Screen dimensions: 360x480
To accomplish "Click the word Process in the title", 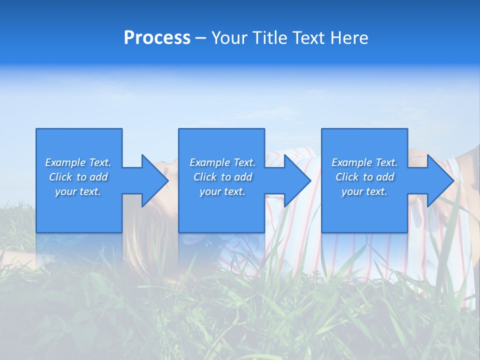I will [157, 38].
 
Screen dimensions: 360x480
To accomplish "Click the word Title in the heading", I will [269, 38].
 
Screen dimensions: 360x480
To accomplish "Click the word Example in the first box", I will [65, 162].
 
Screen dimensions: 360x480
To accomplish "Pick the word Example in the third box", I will [352, 162].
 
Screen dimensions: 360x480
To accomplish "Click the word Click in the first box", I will [60, 177].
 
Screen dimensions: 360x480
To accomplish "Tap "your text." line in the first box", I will [78, 191].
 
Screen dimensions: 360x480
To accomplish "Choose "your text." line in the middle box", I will [222, 191].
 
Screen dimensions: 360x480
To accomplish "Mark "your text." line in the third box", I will [364, 191].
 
